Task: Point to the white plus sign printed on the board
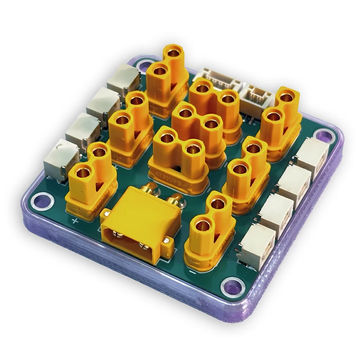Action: point(75,221)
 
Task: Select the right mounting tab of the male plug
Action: point(167,243)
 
